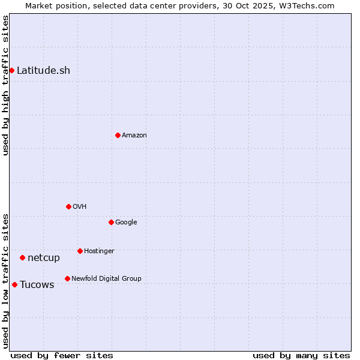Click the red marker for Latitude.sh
pos(11,70)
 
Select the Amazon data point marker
pos(118,135)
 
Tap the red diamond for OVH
pos(68,206)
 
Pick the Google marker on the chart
pos(111,222)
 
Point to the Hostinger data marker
pos(80,251)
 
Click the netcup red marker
pos(22,257)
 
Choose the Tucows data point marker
pos(14,284)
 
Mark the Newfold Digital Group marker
pos(67,278)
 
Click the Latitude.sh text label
pos(43,70)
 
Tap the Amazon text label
pos(134,135)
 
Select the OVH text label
pos(80,206)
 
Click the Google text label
pos(126,222)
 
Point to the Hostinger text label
pos(99,251)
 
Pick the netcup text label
pos(44,258)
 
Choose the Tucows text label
pos(37,284)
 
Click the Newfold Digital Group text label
pos(106,278)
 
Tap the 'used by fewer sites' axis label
pos(62,355)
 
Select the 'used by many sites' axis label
pos(301,355)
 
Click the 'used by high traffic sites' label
pos(5,86)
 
